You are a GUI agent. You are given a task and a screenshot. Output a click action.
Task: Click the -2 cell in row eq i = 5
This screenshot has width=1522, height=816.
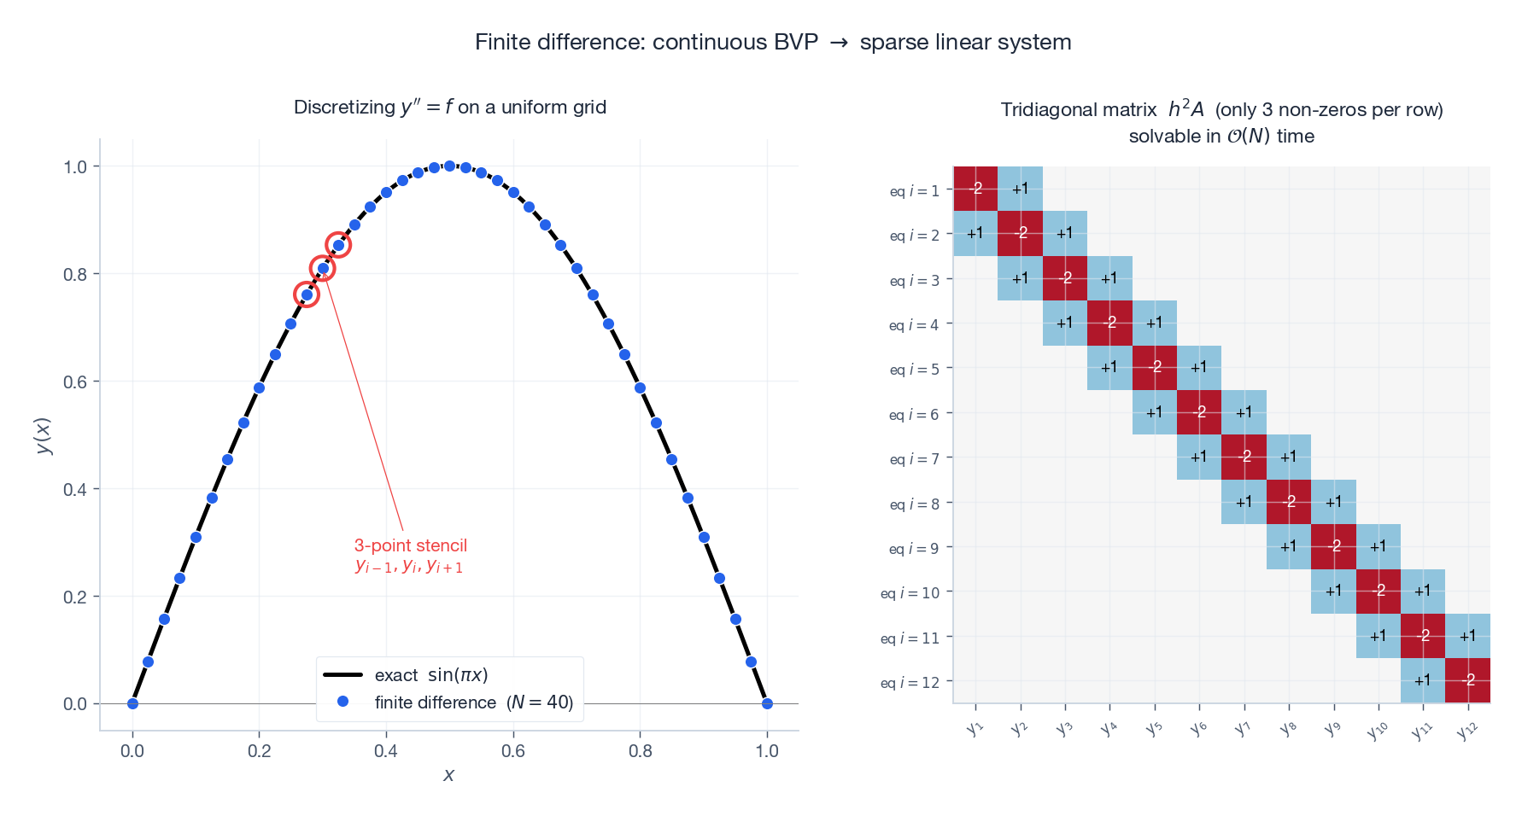coord(1155,368)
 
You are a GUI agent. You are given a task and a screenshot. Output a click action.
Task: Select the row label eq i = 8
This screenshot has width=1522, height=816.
coord(914,504)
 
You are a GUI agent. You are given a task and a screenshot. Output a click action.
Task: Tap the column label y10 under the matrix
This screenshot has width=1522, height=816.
coord(1377,730)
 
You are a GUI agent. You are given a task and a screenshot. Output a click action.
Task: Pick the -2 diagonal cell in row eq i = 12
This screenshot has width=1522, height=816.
coord(1467,680)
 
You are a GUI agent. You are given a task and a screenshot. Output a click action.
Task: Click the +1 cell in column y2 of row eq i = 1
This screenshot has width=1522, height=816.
coord(1020,189)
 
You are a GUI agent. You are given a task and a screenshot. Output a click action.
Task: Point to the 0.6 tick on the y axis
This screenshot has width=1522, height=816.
coord(75,382)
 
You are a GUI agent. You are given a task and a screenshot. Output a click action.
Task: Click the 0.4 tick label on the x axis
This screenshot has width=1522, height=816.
coord(386,751)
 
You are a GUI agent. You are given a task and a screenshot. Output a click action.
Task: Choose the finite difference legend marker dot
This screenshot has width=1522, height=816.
coord(342,702)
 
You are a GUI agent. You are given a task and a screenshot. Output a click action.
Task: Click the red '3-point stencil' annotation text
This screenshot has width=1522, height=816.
coord(411,545)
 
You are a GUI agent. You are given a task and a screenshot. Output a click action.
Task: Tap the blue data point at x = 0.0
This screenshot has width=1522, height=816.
coord(132,703)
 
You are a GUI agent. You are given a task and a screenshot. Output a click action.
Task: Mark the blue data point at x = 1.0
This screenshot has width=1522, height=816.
coord(767,703)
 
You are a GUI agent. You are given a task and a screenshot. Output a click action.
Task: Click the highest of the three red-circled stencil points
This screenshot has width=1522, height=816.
coord(338,245)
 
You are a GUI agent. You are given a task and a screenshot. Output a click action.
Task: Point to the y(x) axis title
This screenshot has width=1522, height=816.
coord(44,436)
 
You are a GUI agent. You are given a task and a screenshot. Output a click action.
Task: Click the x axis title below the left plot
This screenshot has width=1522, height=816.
coord(449,775)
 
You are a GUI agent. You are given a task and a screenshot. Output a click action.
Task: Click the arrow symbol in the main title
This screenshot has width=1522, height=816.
coord(839,43)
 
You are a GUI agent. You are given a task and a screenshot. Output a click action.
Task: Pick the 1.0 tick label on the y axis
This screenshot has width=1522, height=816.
coord(75,166)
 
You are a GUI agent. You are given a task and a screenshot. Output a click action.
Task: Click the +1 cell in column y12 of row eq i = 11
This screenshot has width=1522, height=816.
coord(1467,636)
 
